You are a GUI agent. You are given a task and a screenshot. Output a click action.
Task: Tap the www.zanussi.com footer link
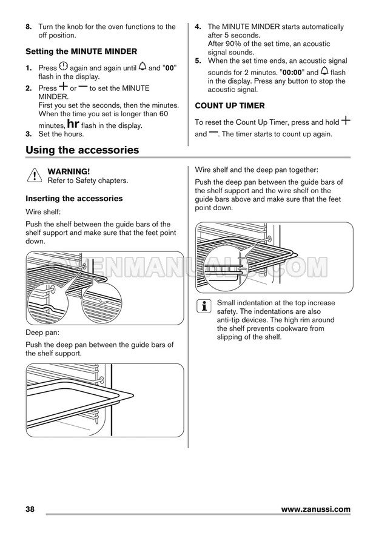(x=316, y=509)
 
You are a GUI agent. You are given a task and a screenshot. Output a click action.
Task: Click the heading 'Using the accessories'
(x=82, y=150)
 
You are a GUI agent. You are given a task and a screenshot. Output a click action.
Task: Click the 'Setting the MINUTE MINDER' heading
(x=81, y=51)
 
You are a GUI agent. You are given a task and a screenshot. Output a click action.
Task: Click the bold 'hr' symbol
(x=72, y=124)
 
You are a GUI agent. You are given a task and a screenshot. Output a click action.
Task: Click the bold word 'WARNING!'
(x=69, y=172)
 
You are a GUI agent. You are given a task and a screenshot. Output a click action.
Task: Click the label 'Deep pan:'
(x=42, y=333)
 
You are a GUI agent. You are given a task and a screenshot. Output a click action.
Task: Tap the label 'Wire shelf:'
(x=43, y=213)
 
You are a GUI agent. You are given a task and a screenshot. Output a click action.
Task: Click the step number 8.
(x=29, y=27)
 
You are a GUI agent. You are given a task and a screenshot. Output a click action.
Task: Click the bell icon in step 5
(x=325, y=71)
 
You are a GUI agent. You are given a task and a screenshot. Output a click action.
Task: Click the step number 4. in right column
(x=198, y=27)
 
